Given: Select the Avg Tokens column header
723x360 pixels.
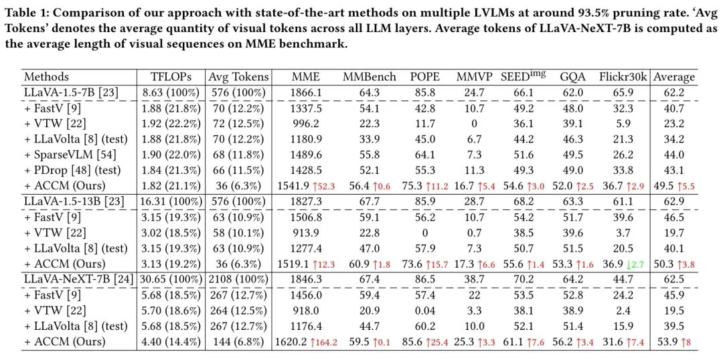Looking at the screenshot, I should point(238,77).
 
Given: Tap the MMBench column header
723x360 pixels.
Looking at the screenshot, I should point(370,77).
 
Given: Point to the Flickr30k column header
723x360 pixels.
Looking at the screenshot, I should point(623,77).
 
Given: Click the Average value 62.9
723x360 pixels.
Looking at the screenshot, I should point(673,201).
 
